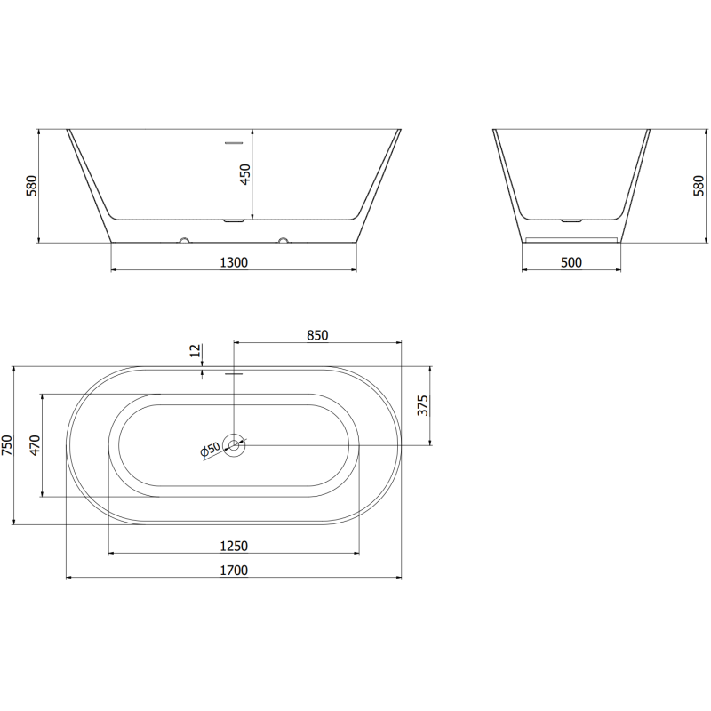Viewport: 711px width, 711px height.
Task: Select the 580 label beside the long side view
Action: (30, 185)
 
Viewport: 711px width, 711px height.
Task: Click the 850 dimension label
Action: (317, 335)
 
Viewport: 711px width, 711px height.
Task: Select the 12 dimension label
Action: (196, 351)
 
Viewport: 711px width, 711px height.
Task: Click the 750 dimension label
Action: (8, 444)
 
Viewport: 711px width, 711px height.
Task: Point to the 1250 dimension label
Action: (233, 546)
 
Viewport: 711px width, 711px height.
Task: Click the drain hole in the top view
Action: (234, 444)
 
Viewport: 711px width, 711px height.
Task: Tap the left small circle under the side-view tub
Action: (184, 239)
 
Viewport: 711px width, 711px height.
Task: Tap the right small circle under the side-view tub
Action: (284, 239)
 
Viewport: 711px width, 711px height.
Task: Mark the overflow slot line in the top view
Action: (233, 373)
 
